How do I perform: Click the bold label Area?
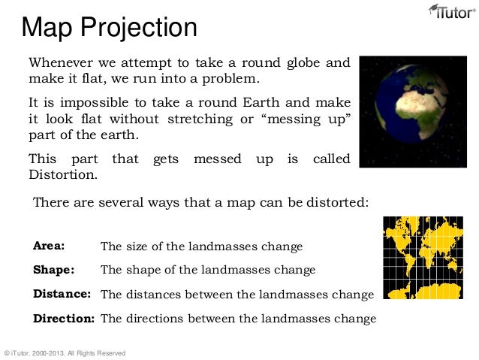point(49,246)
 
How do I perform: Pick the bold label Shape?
point(53,269)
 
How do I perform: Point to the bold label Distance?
point(62,293)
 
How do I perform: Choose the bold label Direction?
point(63,318)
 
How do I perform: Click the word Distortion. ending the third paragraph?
point(63,175)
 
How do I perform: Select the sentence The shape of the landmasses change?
point(208,270)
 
